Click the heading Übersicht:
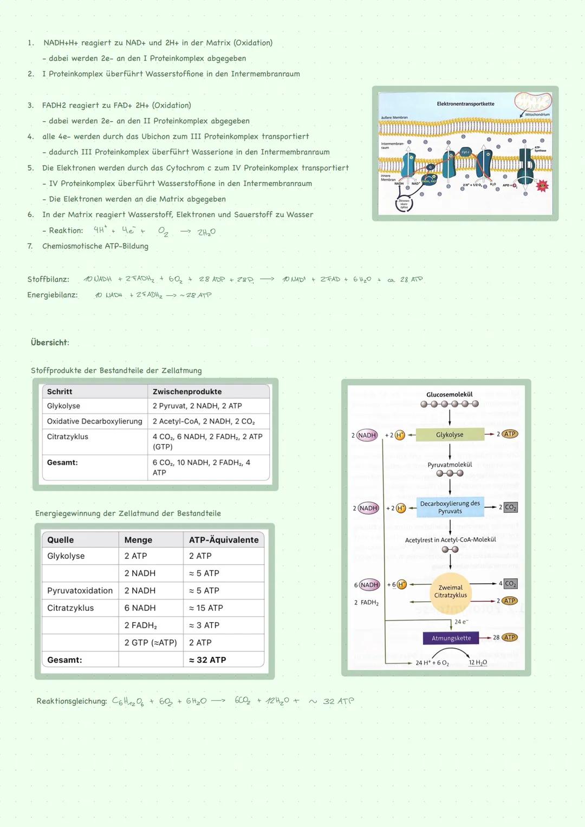coord(50,342)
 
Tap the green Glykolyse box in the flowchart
coord(450,434)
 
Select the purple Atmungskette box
coord(451,638)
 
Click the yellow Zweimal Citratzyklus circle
coord(451,591)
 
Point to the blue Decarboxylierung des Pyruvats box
coord(450,507)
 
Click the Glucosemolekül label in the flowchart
coord(450,394)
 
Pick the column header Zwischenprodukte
coord(187,392)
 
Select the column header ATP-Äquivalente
coord(224,540)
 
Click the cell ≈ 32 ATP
coord(207,660)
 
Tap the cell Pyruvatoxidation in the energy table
coord(80,590)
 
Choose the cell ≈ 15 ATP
coord(206,608)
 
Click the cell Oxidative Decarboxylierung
coord(94,421)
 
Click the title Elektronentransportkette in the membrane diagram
coord(465,104)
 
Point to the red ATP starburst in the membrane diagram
coord(542,186)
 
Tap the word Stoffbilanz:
coord(48,279)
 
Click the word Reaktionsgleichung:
coord(71,701)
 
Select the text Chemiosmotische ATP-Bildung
coord(95,246)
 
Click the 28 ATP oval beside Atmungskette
coord(509,637)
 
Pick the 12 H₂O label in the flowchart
coord(478,662)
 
